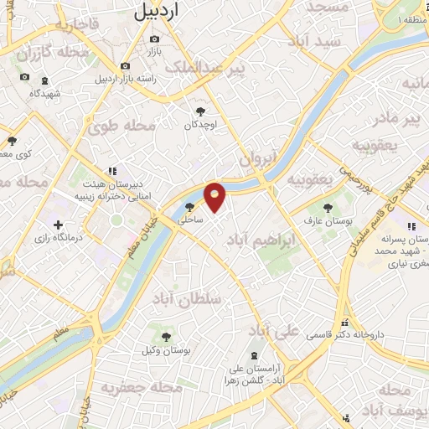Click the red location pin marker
point(215,197)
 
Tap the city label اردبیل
point(157,11)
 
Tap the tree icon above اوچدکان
point(200,110)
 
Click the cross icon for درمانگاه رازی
point(58,225)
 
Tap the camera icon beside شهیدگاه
point(24,78)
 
